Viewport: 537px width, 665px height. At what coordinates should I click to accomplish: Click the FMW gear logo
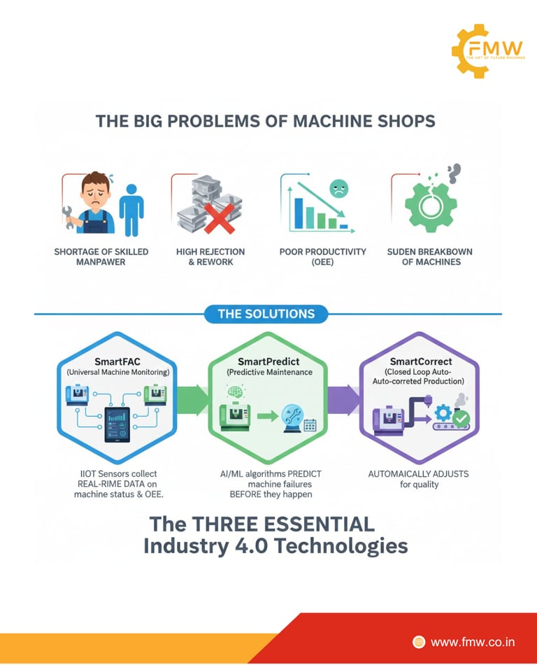point(488,50)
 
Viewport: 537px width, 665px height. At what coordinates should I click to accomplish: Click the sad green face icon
point(338,188)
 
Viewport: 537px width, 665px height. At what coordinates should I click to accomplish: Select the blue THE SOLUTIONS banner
point(266,313)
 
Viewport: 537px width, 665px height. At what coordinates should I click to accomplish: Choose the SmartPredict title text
point(267,362)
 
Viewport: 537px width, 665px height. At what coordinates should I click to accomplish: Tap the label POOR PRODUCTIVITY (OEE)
point(322,257)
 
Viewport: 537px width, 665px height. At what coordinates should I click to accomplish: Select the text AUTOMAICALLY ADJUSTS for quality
point(418,479)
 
